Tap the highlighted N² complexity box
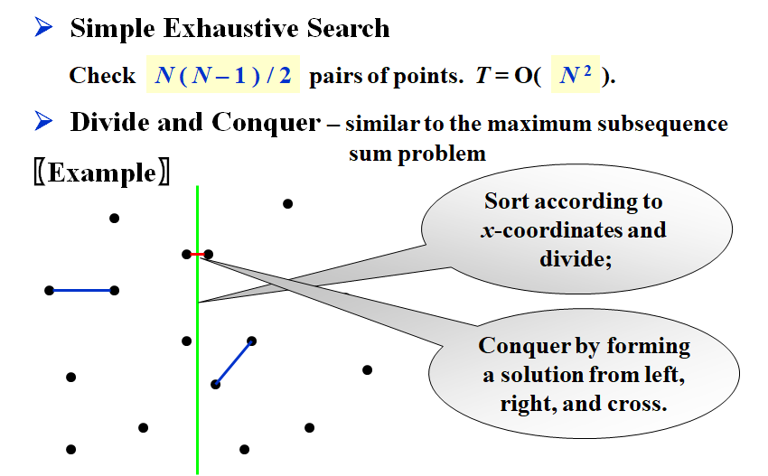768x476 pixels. click(x=576, y=75)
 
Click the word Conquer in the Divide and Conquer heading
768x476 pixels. click(x=267, y=122)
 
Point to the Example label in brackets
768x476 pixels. click(x=100, y=172)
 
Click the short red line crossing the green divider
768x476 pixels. click(x=197, y=255)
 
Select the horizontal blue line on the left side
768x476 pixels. click(x=81, y=290)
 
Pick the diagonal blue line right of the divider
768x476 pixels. click(x=233, y=362)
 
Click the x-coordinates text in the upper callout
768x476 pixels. click(x=539, y=229)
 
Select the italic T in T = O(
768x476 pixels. click(x=482, y=76)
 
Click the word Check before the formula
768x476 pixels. click(x=102, y=76)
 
